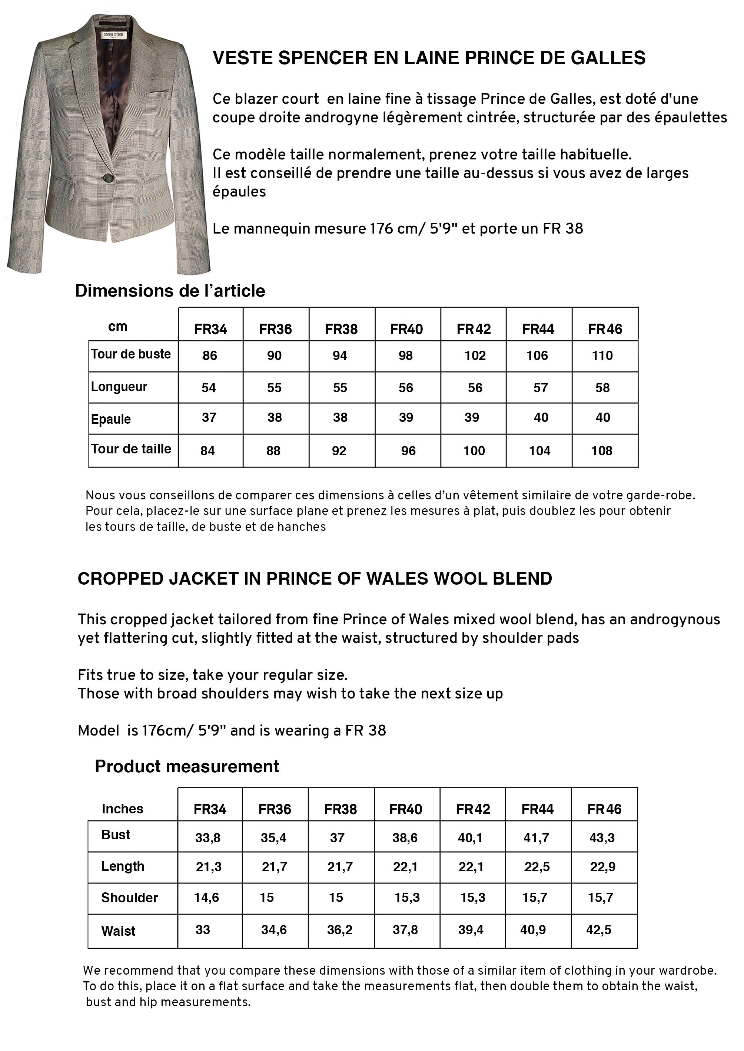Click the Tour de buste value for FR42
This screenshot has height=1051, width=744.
point(475,356)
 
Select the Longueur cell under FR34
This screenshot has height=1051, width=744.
point(209,388)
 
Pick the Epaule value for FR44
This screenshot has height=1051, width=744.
point(541,417)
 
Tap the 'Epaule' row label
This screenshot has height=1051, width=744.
point(111,419)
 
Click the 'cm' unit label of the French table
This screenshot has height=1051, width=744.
point(118,327)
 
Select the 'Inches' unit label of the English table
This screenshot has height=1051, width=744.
point(122,809)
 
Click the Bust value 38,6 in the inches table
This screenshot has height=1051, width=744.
point(405,838)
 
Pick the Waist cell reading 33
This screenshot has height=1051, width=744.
point(203,929)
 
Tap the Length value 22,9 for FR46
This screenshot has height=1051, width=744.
point(602,867)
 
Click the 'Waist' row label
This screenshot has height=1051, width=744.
point(118,931)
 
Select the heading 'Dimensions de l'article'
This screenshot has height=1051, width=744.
point(170,291)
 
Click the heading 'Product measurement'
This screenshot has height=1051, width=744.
point(187,766)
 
